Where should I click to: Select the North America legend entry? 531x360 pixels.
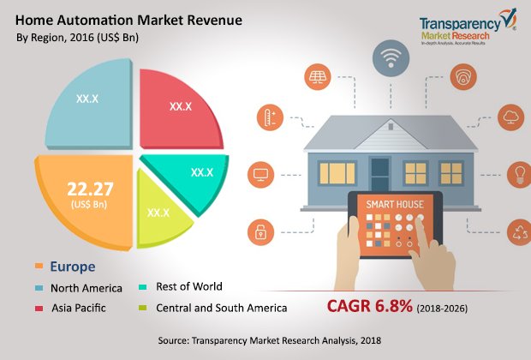click(x=86, y=288)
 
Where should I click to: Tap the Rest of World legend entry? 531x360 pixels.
click(x=182, y=287)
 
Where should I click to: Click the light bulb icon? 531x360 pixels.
click(x=518, y=175)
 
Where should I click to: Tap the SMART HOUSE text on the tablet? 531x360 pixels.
click(x=393, y=206)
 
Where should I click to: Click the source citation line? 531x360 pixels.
click(x=265, y=341)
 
